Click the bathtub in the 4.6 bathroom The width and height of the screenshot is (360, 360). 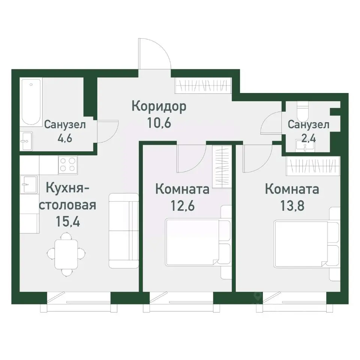click(31, 102)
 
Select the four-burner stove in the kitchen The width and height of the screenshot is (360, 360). click(68, 165)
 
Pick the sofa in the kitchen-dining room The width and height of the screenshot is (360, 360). click(124, 230)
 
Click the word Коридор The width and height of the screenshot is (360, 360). click(159, 107)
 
